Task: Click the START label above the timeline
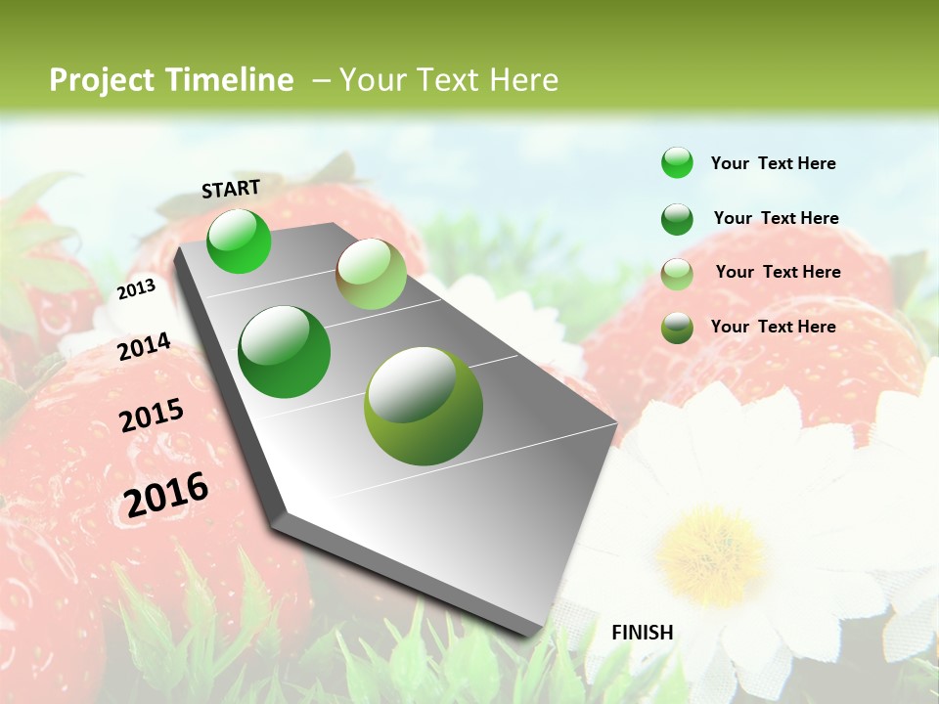pos(231,189)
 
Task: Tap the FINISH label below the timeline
pos(642,633)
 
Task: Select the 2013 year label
pos(136,289)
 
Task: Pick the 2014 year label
pos(144,347)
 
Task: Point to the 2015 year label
pos(152,416)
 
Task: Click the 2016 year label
pos(166,495)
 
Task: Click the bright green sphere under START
pos(239,242)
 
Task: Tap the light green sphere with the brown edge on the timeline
pos(371,274)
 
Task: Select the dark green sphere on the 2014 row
pos(284,352)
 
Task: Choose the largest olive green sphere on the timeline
pos(424,406)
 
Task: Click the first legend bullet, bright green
pos(677,163)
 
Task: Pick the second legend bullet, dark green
pos(677,219)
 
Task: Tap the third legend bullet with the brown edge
pos(677,274)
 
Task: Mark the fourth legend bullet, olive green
pos(677,328)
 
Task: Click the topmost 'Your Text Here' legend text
pos(773,163)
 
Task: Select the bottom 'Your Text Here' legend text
pos(773,327)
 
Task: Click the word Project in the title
pos(103,80)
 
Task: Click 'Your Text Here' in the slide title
pos(448,80)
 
